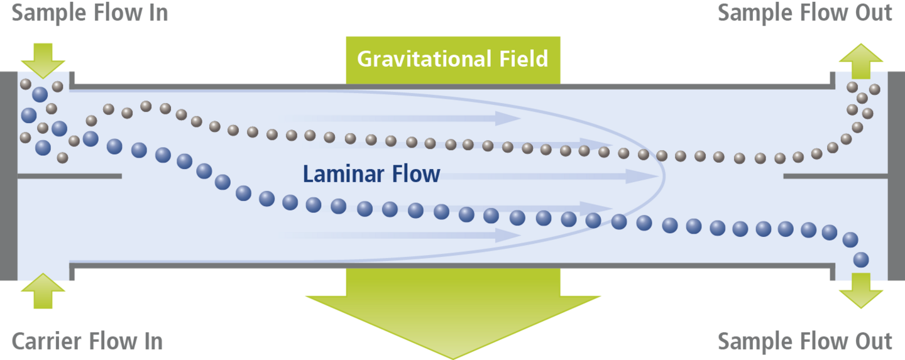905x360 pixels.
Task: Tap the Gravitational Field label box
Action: tap(452, 59)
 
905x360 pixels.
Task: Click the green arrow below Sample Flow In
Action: tap(42, 60)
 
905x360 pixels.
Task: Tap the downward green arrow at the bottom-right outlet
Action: tap(860, 293)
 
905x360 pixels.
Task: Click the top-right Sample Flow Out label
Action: tap(804, 13)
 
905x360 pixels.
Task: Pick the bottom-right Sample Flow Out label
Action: tap(804, 342)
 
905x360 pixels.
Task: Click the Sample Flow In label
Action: tap(90, 13)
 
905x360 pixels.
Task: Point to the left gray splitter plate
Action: tap(69, 176)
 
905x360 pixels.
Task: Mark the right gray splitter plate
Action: tap(835, 176)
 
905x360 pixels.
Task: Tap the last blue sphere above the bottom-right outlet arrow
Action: tap(861, 259)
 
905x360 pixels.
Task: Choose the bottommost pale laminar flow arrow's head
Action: tap(509, 235)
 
